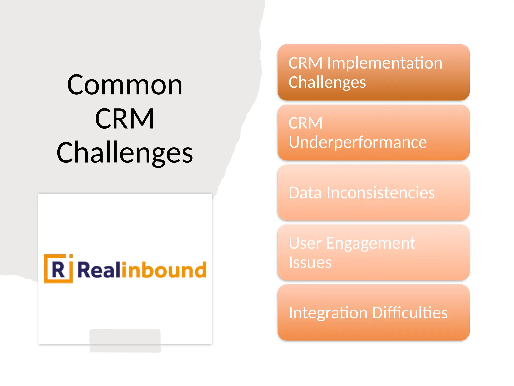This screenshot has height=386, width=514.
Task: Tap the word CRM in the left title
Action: tap(124, 119)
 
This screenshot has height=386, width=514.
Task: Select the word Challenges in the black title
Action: tap(125, 153)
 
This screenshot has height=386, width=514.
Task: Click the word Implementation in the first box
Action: tap(384, 63)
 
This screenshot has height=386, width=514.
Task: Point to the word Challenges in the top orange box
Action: tap(327, 82)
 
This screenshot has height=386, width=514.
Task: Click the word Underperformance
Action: tap(358, 142)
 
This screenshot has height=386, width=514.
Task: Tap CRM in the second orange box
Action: tap(305, 123)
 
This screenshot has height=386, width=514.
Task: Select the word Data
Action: tap(305, 193)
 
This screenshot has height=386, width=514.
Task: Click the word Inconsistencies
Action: tap(380, 193)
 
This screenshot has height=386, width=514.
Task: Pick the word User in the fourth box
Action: tap(305, 243)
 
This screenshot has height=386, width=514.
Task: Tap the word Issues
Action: tap(310, 262)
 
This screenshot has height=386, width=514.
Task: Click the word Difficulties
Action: tap(410, 313)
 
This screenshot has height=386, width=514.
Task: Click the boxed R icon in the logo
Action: tap(58, 269)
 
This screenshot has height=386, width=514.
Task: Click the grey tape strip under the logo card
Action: tap(125, 341)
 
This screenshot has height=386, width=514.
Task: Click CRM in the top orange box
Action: tap(305, 63)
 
